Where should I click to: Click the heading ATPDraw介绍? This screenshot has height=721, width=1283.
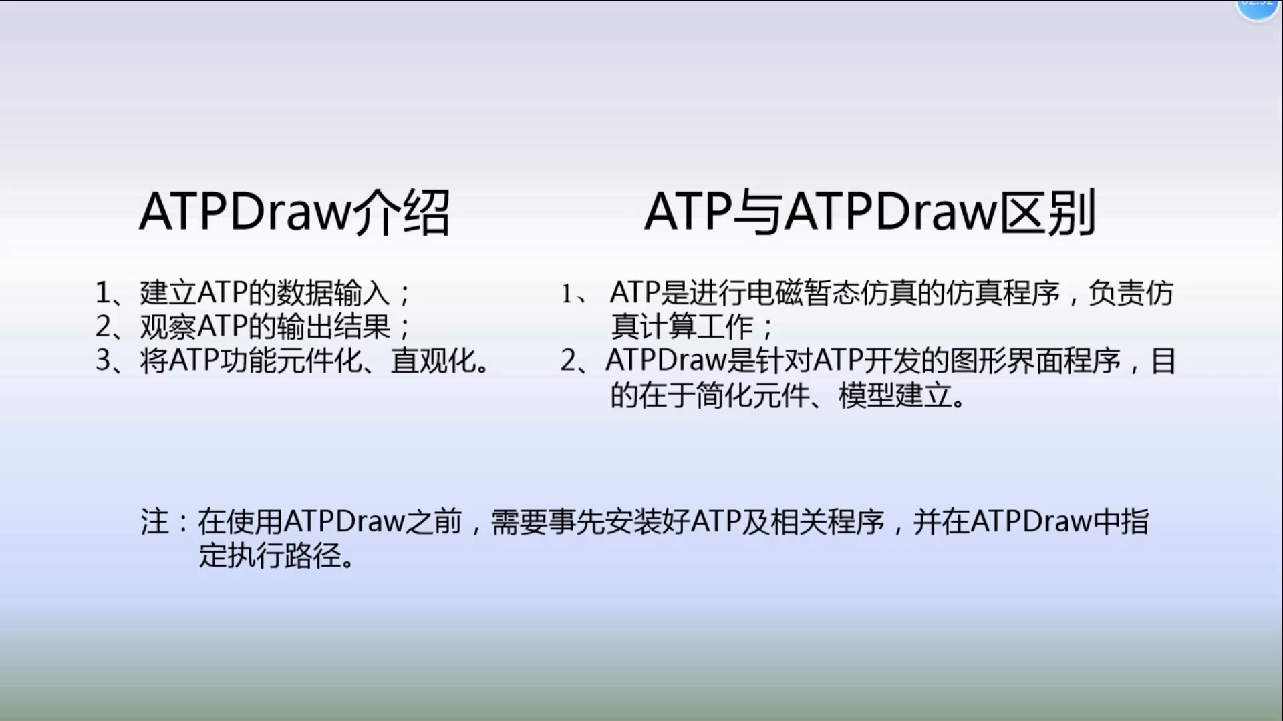[295, 212]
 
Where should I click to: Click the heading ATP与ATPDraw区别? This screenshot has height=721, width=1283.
[870, 212]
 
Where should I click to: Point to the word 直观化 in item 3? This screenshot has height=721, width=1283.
[433, 360]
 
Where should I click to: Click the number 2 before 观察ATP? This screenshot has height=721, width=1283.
[103, 326]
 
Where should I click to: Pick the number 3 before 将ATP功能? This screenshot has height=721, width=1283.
[103, 360]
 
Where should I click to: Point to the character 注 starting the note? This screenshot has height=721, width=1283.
[155, 521]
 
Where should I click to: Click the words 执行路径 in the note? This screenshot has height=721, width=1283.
[285, 555]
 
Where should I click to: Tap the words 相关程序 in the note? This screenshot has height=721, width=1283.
[828, 521]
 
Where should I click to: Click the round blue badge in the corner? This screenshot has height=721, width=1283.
[1257, 7]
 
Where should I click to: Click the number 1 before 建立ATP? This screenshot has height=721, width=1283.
[103, 292]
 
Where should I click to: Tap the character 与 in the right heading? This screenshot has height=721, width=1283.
[757, 212]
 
